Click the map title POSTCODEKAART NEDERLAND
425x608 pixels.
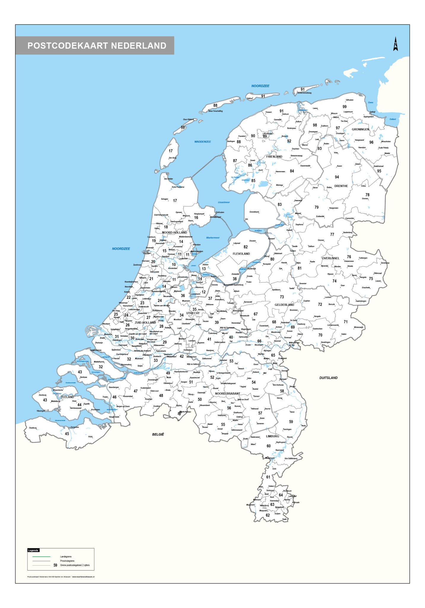coord(97,45)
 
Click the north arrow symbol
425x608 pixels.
coord(395,44)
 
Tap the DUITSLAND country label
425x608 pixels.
coord(328,378)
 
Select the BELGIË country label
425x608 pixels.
coord(158,434)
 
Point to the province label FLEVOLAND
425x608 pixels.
coord(241,254)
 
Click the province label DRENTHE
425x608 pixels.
coord(341,186)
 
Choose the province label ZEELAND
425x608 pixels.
coord(67,397)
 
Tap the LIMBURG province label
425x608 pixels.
coord(272,436)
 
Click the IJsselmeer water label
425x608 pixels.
coord(224,202)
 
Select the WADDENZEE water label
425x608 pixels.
coord(203,142)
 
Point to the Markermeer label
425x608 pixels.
coord(213,237)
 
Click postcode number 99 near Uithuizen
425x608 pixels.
coord(344,107)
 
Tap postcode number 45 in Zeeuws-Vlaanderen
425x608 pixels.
coord(67,434)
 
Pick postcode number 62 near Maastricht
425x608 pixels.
coord(268,515)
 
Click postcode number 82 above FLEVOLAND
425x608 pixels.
coord(246,247)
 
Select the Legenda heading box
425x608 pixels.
coord(33,550)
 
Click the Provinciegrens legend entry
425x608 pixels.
coord(67,561)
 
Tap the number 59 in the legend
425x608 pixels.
coord(55,565)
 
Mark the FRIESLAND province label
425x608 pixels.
coord(274,156)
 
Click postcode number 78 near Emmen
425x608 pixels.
coord(367,195)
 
